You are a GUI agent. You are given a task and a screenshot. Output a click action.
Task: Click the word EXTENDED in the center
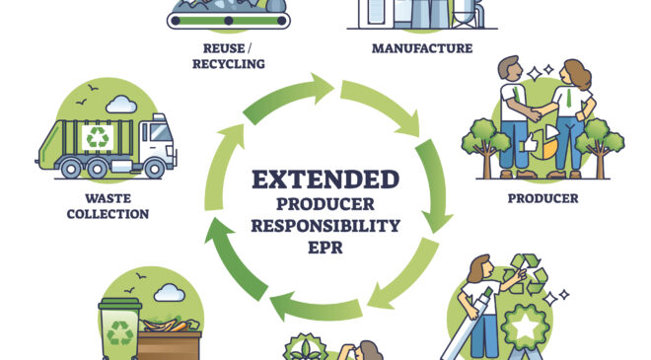coord(325,180)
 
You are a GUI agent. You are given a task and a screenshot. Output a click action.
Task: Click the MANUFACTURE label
coord(422,47)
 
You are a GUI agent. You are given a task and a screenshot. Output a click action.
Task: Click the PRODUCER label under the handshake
coord(542,198)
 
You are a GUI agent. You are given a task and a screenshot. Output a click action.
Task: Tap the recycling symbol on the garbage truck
coord(96,137)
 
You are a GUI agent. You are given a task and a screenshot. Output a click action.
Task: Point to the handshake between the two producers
coord(533,112)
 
